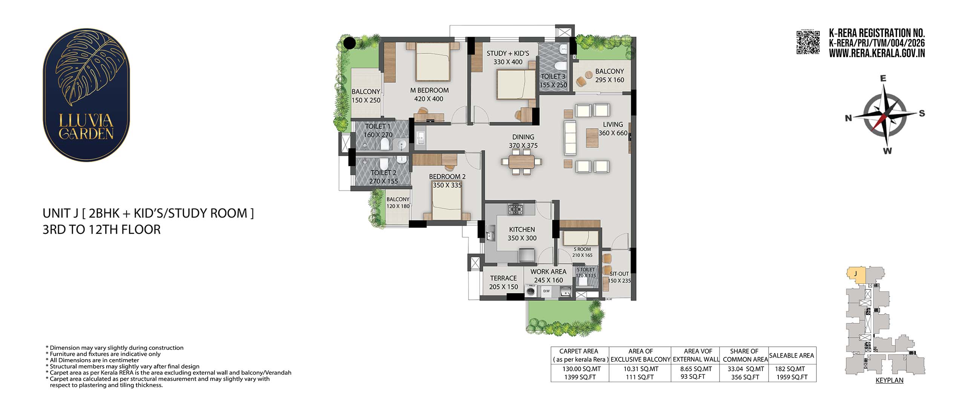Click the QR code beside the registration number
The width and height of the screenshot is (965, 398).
807,43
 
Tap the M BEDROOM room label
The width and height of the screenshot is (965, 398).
429,91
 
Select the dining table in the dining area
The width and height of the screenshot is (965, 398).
522,161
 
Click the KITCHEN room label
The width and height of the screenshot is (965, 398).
522,229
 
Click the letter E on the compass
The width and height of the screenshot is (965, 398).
883,79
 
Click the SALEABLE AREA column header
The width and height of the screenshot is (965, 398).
792,355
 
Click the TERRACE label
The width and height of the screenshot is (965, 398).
503,278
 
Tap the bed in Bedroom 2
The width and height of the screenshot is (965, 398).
447,203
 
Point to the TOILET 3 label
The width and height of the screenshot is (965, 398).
553,77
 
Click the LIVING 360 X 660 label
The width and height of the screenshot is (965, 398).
613,129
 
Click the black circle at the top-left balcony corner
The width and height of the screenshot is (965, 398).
349,43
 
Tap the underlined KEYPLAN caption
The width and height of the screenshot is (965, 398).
889,380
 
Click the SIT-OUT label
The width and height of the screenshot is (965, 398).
619,274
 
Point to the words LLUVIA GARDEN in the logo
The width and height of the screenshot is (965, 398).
86,127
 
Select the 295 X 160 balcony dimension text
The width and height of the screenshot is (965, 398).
610,80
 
